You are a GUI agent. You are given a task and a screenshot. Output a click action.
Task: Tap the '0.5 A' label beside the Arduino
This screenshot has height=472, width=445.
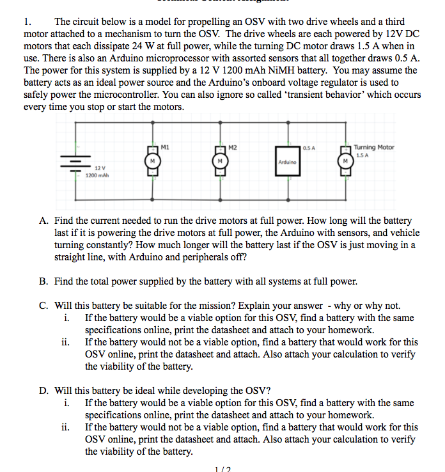[x=309, y=148]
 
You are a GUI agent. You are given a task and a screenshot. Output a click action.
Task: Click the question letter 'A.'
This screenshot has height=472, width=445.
[x=45, y=221]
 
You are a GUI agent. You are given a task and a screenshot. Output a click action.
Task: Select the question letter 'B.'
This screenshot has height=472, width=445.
[x=45, y=281]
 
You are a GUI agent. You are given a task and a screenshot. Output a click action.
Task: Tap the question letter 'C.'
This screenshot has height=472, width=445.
[x=45, y=306]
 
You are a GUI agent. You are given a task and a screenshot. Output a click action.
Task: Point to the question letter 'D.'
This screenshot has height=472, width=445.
[x=45, y=391]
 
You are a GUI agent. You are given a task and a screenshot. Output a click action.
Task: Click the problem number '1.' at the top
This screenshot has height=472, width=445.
[x=29, y=22]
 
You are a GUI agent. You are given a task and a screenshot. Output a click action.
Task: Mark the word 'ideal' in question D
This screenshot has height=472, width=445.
[x=161, y=391]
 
